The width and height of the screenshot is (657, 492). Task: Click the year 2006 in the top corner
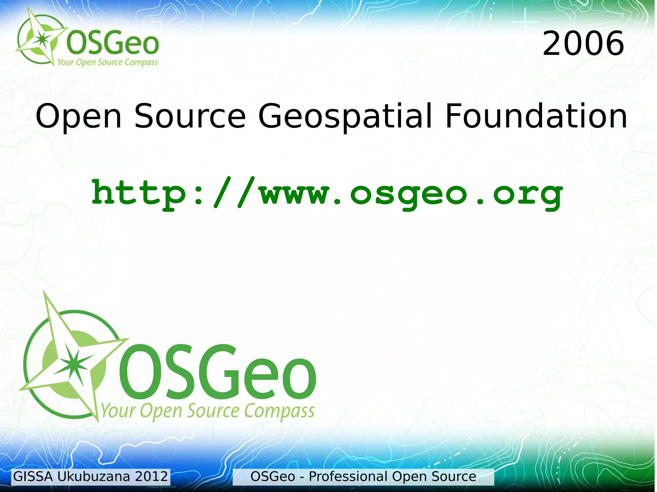coord(583,43)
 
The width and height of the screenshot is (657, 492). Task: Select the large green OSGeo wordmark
coord(218,372)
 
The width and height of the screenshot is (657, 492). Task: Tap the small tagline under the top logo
coord(107,62)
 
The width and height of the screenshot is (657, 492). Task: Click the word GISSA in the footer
coord(33,477)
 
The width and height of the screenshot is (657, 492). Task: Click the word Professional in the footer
coord(348,477)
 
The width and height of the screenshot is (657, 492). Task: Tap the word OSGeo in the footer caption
coord(272,477)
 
